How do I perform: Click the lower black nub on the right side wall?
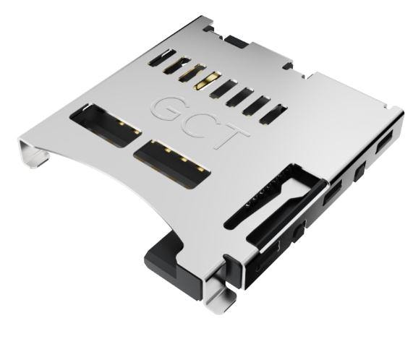pyautogui.click(x=297, y=233)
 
